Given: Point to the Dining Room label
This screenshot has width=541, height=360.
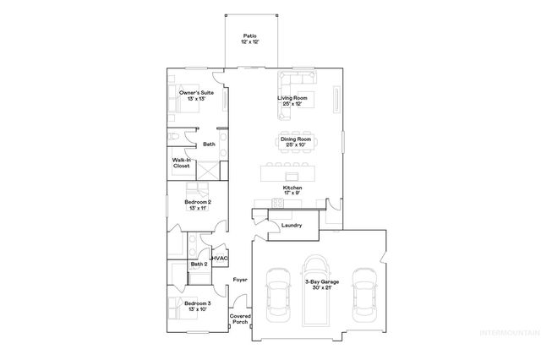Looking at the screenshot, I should coord(295,141).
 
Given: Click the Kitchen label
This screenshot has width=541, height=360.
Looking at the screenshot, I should coord(293,189).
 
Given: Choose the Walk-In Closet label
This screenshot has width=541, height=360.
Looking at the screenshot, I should coord(182,163).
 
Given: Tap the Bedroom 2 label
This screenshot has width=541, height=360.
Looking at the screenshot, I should coord(197,205).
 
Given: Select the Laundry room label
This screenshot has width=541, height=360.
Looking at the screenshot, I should coord(292,226).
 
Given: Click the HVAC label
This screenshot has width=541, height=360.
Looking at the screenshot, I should coord(221,258).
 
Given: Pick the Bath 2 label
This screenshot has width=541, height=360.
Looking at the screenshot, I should coord(199,265).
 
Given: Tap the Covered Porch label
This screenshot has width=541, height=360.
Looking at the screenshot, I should coord(239,319).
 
